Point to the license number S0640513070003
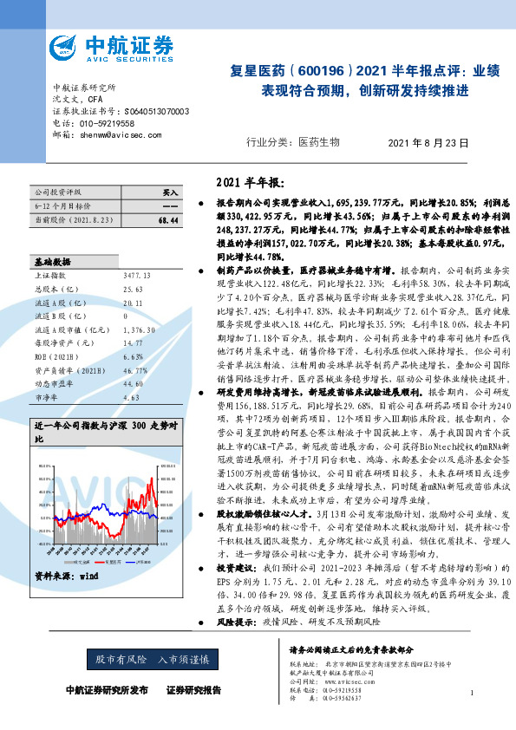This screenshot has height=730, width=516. pyautogui.click(x=152, y=112)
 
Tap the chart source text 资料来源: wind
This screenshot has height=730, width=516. pyautogui.click(x=66, y=551)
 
